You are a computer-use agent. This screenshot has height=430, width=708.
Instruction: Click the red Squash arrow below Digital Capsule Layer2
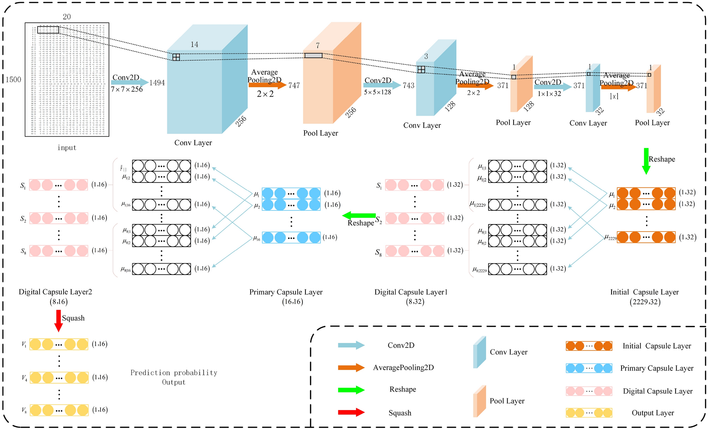59,320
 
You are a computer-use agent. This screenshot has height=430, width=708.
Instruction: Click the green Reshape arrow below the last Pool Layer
646,161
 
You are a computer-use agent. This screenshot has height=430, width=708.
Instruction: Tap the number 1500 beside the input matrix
13,80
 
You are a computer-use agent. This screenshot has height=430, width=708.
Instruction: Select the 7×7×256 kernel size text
127,90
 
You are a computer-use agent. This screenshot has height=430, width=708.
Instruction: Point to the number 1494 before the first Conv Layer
157,83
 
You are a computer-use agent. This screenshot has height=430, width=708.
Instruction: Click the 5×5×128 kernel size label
377,92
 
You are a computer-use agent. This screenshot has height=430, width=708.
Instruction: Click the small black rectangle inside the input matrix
48,30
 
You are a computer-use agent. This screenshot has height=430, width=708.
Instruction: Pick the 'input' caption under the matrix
67,148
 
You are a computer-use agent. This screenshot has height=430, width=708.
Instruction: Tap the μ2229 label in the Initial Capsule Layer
611,238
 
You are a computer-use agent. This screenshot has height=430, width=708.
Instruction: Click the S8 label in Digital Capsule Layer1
378,252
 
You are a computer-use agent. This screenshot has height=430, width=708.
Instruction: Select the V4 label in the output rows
24,378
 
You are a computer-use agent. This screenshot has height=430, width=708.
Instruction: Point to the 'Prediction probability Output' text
174,377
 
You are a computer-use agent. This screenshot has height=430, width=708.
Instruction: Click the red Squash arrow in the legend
351,412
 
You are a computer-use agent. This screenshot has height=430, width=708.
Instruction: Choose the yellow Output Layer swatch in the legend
589,413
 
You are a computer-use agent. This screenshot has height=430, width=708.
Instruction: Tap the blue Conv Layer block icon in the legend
479,352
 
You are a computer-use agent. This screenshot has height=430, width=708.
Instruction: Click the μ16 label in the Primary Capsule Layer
256,239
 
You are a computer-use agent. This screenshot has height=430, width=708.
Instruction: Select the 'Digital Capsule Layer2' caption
55,292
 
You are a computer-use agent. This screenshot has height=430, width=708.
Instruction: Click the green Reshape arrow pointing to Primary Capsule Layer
359,215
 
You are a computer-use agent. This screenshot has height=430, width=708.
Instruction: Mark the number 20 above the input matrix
67,17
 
